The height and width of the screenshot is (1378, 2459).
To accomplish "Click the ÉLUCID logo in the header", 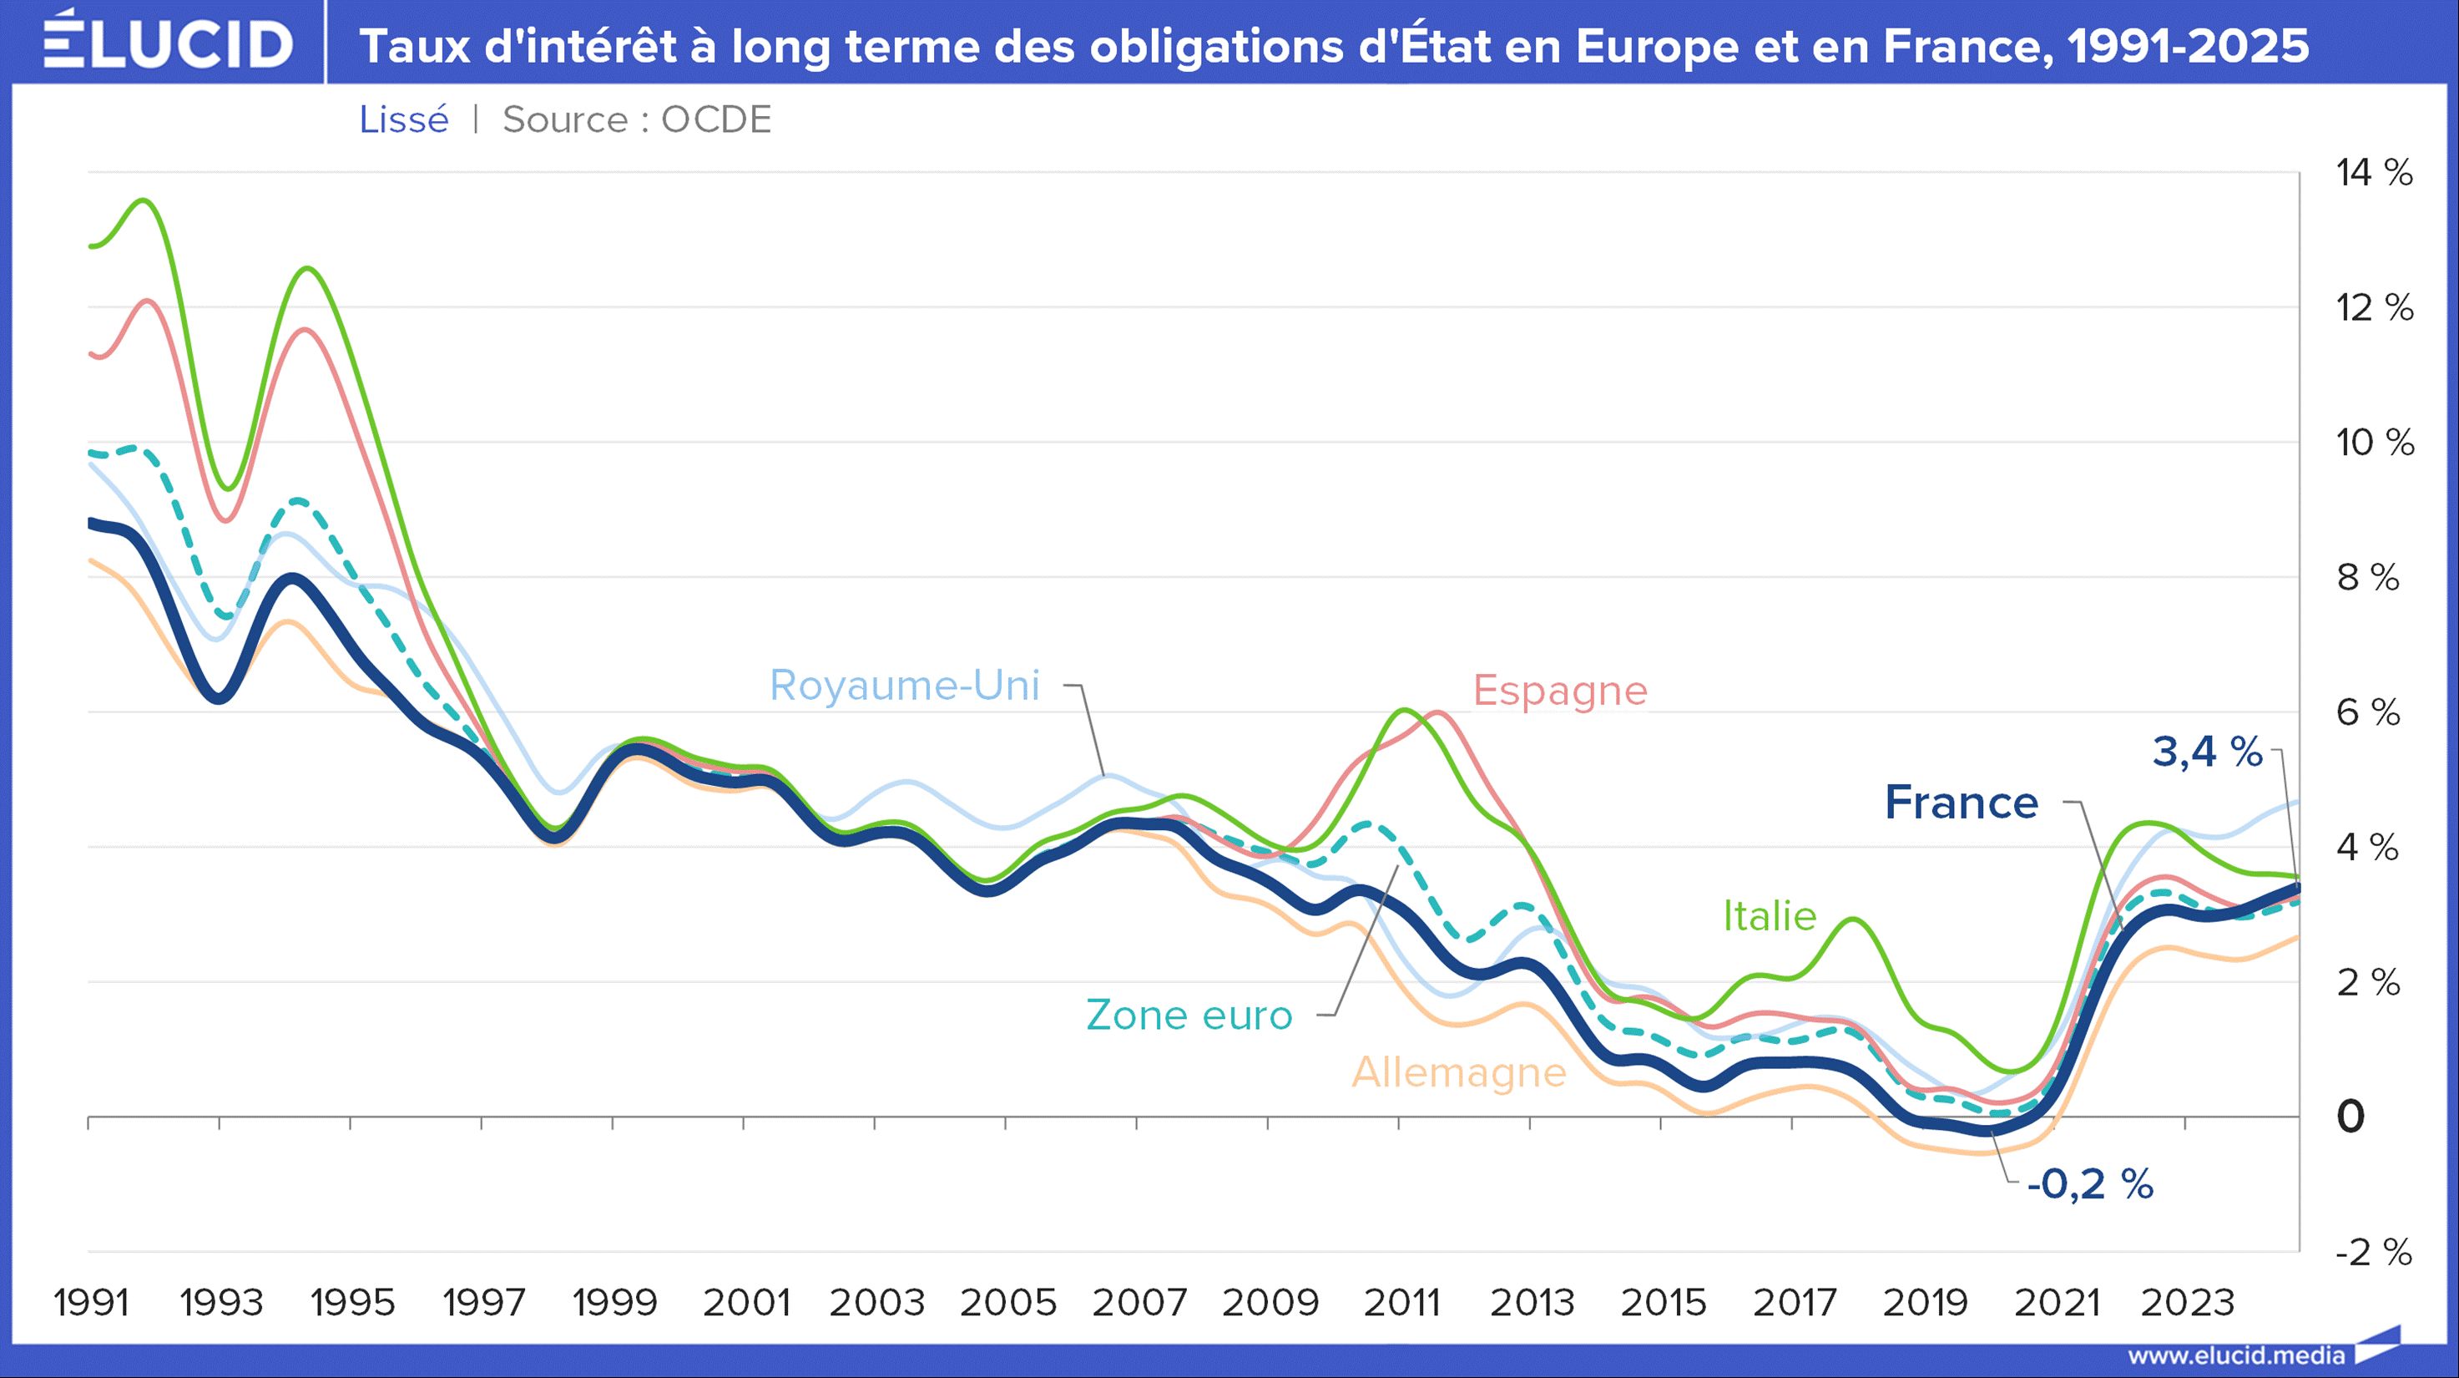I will [x=168, y=43].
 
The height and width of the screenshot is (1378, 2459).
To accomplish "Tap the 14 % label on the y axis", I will [x=2374, y=173].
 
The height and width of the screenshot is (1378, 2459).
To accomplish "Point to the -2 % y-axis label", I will [x=2373, y=1252].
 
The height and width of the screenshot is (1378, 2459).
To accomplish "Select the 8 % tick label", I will [x=2367, y=578].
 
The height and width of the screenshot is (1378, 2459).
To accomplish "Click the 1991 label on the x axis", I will [x=91, y=1303].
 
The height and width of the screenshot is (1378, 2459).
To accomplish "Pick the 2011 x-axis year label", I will [x=1401, y=1303].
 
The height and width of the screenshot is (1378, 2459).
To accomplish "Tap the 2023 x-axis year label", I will [x=2187, y=1303].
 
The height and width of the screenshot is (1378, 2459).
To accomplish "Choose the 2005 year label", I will [x=1008, y=1303].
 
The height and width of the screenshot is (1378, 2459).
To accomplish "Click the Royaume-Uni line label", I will [x=904, y=686].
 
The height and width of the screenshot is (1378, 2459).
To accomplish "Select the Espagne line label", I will [x=1560, y=691].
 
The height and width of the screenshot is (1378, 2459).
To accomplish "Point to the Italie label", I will [x=1769, y=917].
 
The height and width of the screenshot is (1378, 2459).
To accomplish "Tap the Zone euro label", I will [x=1189, y=1015].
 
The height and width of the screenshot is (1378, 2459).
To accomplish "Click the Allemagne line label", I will [x=1458, y=1073].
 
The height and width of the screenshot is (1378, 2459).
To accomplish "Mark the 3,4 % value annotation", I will [x=2207, y=752].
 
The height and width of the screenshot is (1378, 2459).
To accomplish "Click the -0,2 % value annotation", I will [x=2089, y=1185].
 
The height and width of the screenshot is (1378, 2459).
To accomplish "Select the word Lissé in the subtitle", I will [x=404, y=120].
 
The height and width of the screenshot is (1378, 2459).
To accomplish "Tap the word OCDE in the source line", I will [x=716, y=120].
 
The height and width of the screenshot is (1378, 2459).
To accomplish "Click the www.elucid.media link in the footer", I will [x=2235, y=1355].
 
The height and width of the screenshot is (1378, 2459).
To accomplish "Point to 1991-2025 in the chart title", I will [x=2188, y=46].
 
